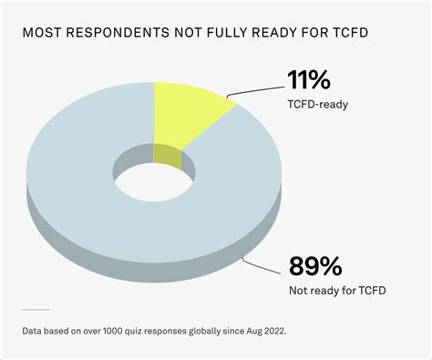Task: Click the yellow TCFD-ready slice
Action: pos(187,114)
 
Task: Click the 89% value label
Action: pos(315,267)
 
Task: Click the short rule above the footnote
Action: pos(36,310)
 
